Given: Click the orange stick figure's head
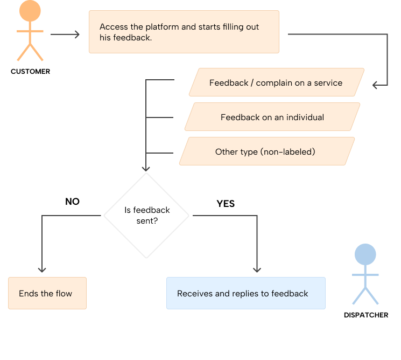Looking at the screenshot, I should (30, 11).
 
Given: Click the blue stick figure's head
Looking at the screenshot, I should (365, 255).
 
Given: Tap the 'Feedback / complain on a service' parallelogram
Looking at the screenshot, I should (276, 84).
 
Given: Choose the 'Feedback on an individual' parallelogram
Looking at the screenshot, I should (272, 117).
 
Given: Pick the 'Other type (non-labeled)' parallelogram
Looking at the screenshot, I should (267, 151).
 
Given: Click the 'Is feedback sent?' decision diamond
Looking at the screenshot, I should (146, 216).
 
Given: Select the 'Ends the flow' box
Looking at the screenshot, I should (47, 293).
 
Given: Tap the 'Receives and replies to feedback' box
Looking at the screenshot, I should (245, 293).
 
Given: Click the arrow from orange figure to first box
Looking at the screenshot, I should (65, 34).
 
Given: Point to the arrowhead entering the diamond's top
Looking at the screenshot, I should (146, 168).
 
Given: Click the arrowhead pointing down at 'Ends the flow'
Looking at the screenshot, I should (42, 269).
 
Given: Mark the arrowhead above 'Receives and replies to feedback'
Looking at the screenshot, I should (257, 269).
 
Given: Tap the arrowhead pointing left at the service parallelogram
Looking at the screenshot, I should (375, 84).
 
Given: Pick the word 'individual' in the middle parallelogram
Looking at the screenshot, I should (305, 117).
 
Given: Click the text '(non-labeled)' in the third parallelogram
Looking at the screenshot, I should (288, 151).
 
